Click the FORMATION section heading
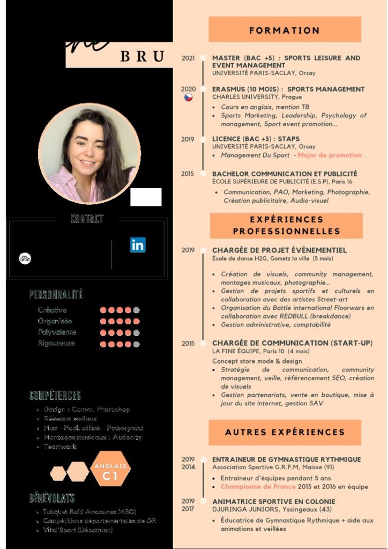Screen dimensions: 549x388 pyautogui.click(x=285, y=30)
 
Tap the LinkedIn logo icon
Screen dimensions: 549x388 pyautogui.click(x=138, y=245)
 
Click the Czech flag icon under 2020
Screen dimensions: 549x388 pyautogui.click(x=188, y=98)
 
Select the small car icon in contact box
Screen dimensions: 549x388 pyautogui.click(x=25, y=258)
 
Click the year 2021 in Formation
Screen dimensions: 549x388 pyautogui.click(x=188, y=58)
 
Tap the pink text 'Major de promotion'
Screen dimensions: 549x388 pyautogui.click(x=330, y=155)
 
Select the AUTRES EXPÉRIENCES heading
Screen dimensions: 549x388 pyautogui.click(x=285, y=432)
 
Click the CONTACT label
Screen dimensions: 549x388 pyautogui.click(x=87, y=219)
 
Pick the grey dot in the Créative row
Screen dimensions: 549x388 pyautogui.click(x=137, y=310)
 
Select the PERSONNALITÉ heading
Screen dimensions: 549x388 pyautogui.click(x=56, y=295)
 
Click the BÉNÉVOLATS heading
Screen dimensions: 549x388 pyautogui.click(x=52, y=498)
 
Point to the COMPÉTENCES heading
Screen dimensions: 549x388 pyautogui.click(x=55, y=396)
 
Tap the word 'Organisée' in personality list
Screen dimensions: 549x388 pyautogui.click(x=55, y=321)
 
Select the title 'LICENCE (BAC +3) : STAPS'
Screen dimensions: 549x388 pyautogui.click(x=256, y=139)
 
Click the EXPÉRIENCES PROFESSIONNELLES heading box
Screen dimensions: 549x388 pyautogui.click(x=286, y=225)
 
